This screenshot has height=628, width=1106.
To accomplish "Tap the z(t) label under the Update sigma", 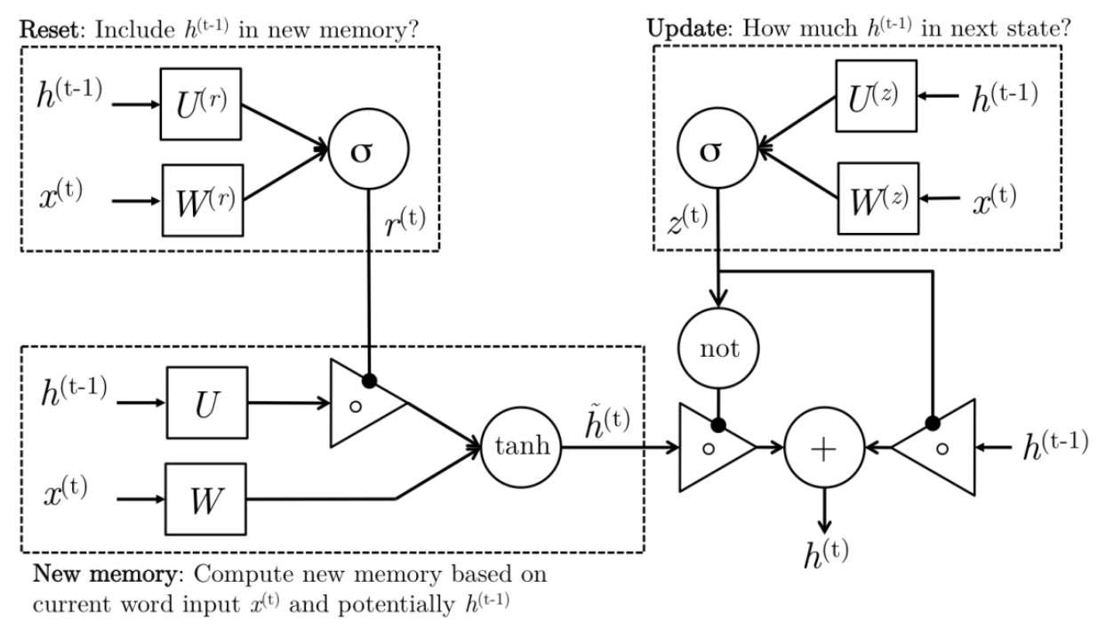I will [688, 223].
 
